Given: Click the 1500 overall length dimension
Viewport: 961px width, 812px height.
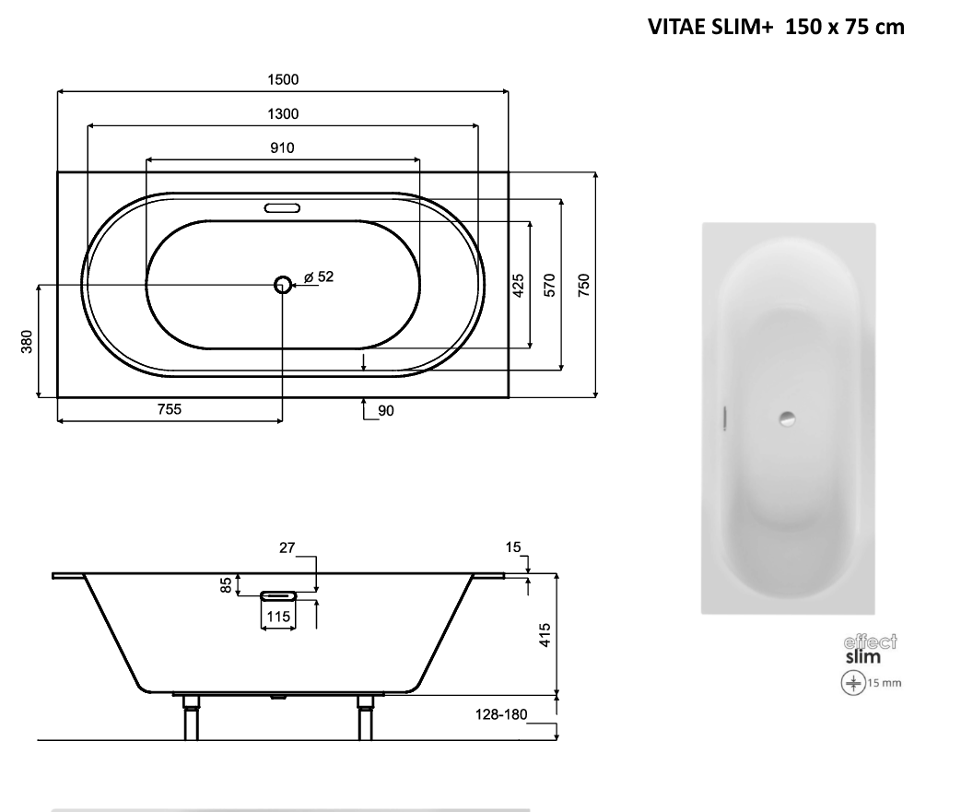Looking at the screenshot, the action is tap(283, 80).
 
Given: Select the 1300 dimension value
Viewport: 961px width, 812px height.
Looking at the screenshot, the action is tap(283, 114).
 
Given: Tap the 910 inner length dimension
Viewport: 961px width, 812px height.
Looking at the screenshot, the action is tap(283, 148).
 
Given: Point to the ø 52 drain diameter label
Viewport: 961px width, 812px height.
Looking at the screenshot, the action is tap(319, 277).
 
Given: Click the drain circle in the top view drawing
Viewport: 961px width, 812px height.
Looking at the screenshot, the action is tap(283, 285).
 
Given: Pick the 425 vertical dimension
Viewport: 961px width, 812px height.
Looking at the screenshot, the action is tap(519, 286).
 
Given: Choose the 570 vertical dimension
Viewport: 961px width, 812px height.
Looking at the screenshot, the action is tap(550, 286).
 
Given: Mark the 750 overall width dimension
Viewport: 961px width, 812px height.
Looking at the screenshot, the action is tap(584, 286).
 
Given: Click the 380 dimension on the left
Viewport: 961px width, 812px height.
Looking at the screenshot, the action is tap(27, 342).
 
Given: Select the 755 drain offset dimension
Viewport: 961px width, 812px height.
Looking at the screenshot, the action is tap(170, 409).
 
